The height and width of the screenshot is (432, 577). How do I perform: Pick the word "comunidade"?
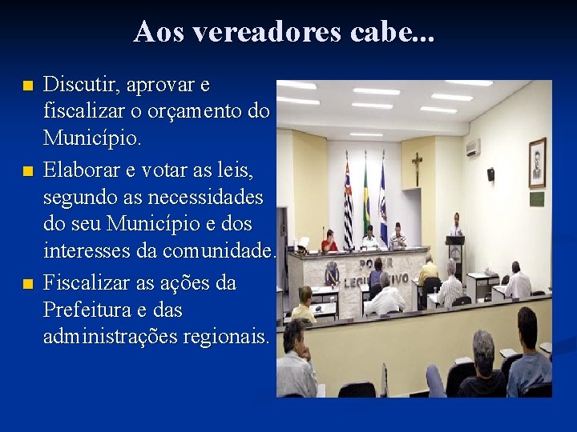click(x=216, y=252)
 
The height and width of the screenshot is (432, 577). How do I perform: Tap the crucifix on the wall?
click(x=417, y=169)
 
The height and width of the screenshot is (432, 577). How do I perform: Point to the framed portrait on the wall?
click(x=537, y=162)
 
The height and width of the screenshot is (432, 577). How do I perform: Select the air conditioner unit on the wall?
click(x=473, y=147)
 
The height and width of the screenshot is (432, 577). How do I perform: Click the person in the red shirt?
click(x=329, y=242)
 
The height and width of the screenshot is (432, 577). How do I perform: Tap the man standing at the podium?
click(x=456, y=227)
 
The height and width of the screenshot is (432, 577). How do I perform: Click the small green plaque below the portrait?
click(x=536, y=198)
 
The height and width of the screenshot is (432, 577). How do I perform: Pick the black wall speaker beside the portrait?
click(x=490, y=174)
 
